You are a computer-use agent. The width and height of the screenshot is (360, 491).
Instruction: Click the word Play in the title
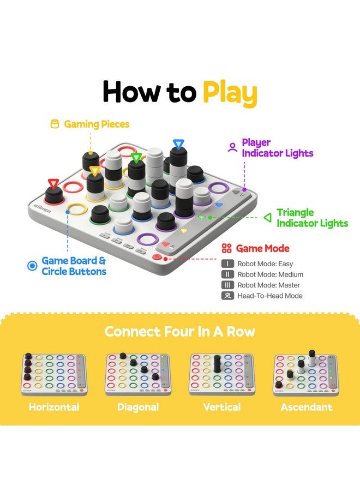tap(230, 93)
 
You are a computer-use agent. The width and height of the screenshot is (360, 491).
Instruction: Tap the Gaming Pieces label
tap(97, 124)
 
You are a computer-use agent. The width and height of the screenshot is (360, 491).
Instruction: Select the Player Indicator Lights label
tap(278, 148)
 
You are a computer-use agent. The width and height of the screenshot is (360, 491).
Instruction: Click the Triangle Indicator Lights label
tap(312, 218)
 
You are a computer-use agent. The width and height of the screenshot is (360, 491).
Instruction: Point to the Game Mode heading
tap(262, 249)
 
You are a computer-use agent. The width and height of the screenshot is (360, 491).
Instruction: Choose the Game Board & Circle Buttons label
tap(74, 266)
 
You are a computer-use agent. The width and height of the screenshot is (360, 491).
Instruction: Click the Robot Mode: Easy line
tap(265, 264)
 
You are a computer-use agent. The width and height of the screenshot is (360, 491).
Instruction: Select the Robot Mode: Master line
tap(268, 285)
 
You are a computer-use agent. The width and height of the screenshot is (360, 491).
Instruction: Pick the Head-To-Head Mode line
tap(269, 296)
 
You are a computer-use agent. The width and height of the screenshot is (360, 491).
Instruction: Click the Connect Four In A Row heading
tap(180, 331)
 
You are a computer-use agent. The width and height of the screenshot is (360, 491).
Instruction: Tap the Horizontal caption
tap(54, 407)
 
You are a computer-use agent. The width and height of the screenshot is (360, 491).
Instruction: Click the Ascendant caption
tap(306, 407)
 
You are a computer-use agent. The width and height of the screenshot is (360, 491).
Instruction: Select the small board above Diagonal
tap(138, 374)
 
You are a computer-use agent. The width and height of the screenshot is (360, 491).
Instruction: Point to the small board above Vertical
tap(221, 374)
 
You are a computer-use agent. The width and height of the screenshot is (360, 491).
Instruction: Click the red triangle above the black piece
tap(53, 183)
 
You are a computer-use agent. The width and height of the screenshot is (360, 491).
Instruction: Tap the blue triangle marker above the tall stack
tap(177, 144)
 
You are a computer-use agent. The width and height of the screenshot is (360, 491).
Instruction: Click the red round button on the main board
tap(158, 256)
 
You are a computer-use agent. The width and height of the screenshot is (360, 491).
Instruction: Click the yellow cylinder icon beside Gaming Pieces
tap(55, 124)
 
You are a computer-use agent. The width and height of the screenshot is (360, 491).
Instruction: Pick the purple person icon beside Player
tap(232, 147)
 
